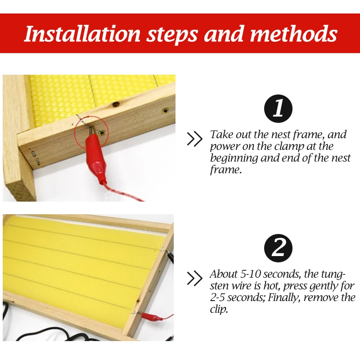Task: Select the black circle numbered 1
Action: pos(278,108)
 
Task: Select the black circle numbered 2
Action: pos(278,248)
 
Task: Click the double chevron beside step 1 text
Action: pos(194,139)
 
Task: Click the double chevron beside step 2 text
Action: pos(194,279)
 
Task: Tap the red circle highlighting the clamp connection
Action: pos(91,133)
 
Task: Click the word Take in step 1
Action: pos(221,134)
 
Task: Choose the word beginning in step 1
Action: pos(234,158)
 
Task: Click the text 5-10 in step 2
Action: pos(250,274)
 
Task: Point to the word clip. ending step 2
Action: pos(219,310)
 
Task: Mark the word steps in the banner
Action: pos(172,35)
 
